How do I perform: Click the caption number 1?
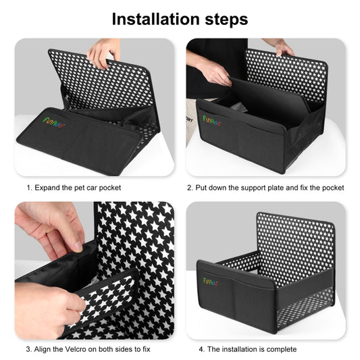28,187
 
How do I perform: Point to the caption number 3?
28,349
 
